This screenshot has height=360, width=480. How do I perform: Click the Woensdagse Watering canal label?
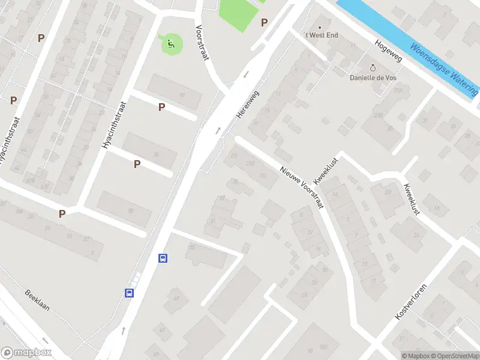pos(444,69)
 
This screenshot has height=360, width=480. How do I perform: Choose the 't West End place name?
pos(322,35)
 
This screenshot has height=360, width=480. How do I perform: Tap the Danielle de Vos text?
pos(373,77)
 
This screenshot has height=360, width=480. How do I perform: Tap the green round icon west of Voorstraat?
pos(171,43)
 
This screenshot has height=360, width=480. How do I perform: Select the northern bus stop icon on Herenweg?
pos(163,259)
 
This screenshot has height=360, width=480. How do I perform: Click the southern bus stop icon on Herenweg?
pos(129,293)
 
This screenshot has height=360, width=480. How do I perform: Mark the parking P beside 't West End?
pos(264,23)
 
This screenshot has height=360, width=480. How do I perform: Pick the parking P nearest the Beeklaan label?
pos(62,214)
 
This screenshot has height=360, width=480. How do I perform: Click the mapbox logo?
pos(25,353)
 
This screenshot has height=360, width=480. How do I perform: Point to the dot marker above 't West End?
pos(319,27)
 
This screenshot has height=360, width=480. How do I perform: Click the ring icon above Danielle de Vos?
pos(373,68)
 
